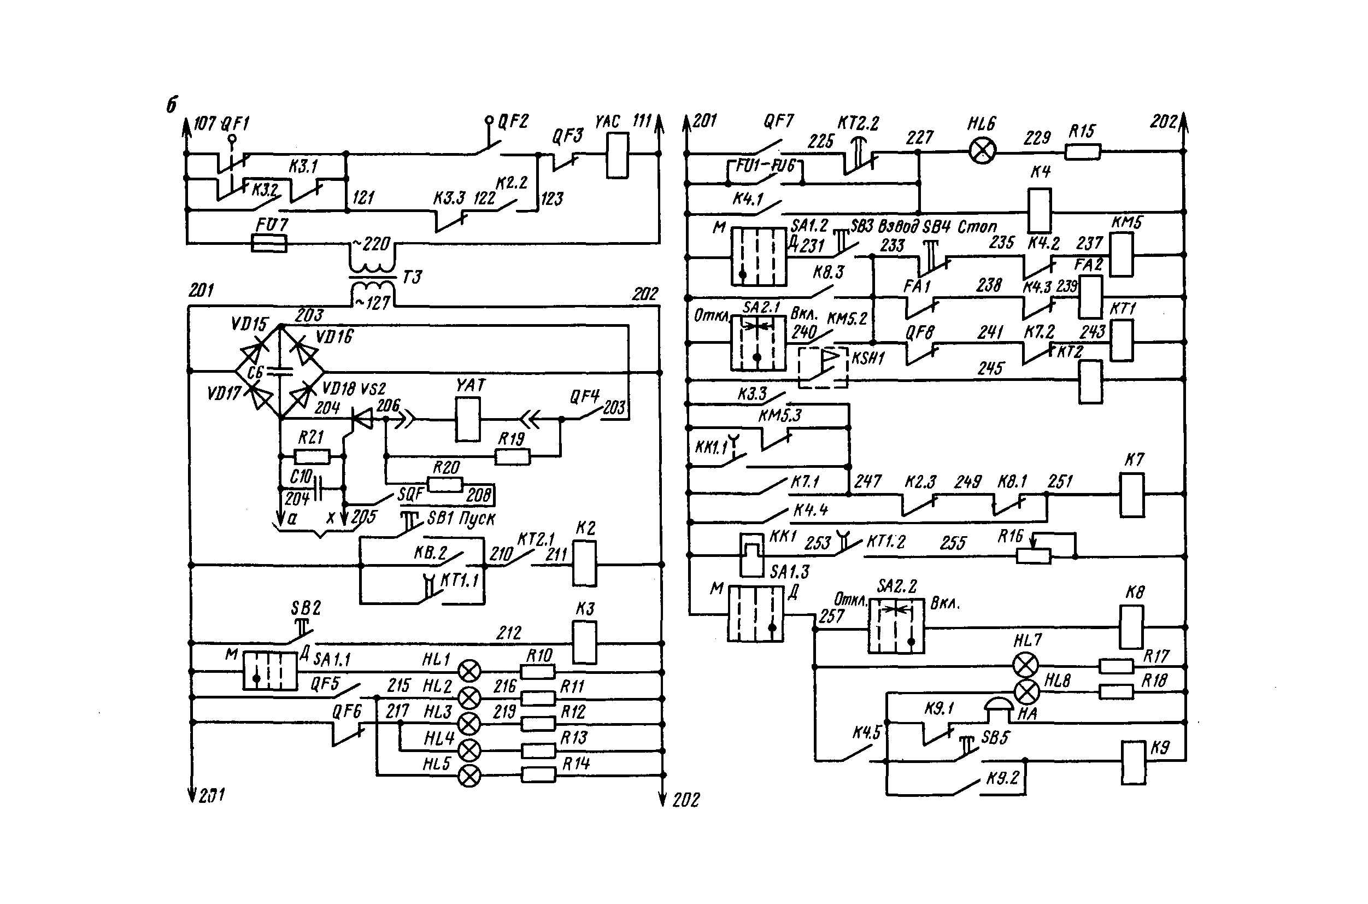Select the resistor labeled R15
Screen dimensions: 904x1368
1082,152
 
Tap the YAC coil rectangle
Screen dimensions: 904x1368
617,155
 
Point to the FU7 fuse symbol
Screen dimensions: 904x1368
270,244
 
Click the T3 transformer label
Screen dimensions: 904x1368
412,277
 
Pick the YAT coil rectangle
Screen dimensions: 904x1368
467,420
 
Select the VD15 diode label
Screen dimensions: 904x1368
249,324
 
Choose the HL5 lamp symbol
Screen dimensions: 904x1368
469,776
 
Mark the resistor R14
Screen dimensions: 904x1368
538,774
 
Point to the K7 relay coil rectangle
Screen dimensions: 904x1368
1132,495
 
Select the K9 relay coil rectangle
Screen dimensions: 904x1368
1133,763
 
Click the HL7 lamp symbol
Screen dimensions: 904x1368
1025,666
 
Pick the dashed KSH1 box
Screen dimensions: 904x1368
823,367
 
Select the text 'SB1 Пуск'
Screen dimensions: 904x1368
461,518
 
